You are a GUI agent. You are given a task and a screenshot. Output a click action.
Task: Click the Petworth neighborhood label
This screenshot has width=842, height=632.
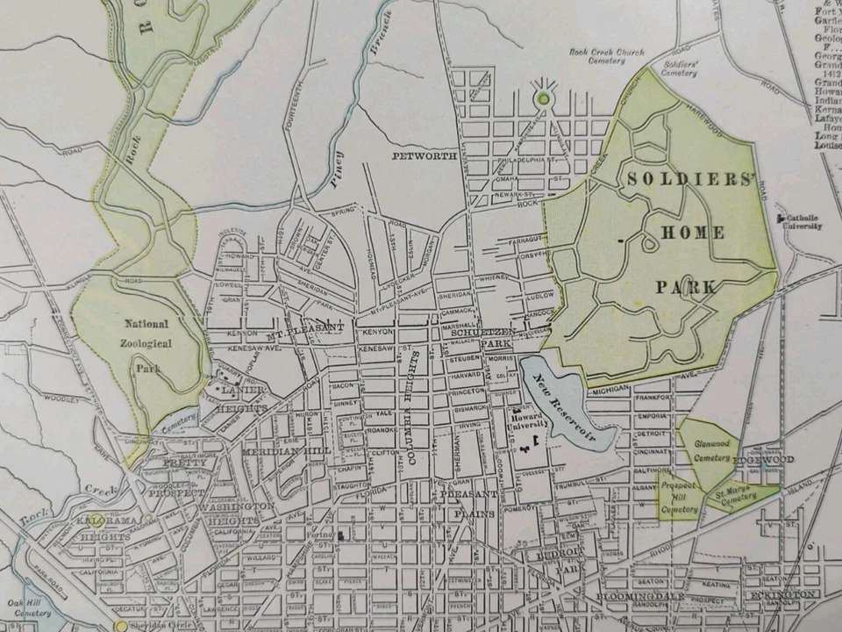[425, 156]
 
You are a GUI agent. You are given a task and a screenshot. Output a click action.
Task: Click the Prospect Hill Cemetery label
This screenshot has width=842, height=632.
[679, 497]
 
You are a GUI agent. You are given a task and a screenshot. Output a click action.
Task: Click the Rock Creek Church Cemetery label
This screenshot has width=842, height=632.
[606, 57]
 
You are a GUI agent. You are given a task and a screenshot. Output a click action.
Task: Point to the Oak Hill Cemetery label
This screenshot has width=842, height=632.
[26, 607]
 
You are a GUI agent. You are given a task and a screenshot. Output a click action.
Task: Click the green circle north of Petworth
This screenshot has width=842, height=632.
[544, 98]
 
